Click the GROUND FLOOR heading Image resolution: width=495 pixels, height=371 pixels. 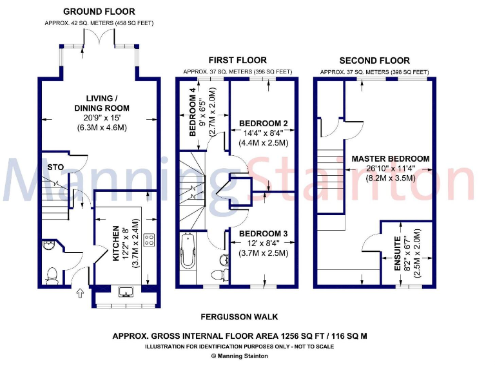[99, 12]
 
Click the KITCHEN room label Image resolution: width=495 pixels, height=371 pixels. [117, 243]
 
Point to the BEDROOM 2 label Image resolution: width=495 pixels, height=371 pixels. [263, 123]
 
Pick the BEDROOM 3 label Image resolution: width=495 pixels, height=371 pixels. [263, 233]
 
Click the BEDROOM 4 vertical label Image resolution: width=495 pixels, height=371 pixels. [193, 116]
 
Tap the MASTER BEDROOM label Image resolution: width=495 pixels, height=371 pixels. [391, 159]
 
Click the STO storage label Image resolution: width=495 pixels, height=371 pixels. [56, 167]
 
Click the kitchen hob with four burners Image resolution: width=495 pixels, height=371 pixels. [148, 240]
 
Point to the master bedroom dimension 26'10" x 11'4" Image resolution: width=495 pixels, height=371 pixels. [391, 169]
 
